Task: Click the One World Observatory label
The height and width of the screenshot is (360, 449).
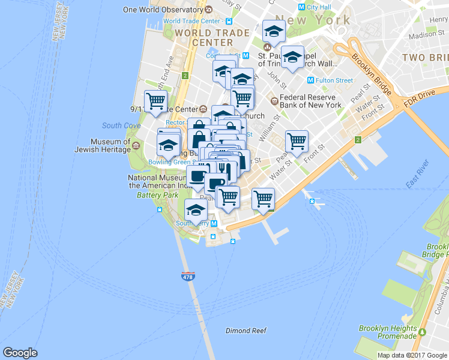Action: pos(162,10)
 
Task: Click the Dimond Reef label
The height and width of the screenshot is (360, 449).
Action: pos(246,331)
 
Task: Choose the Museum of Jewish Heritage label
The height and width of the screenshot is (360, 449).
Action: pos(101,146)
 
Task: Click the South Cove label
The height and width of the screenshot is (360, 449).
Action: pos(121,125)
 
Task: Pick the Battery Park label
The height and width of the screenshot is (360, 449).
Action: pos(157,196)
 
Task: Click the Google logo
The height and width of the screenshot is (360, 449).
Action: pos(20,353)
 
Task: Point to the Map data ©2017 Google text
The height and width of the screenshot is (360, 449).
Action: pos(412,355)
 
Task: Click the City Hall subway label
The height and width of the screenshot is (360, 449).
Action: pos(315,7)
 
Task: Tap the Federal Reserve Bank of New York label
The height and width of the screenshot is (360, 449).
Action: pos(306,101)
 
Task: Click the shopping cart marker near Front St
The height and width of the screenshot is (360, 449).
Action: pos(297,141)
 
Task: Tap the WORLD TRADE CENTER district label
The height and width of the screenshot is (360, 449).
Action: pos(204,38)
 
